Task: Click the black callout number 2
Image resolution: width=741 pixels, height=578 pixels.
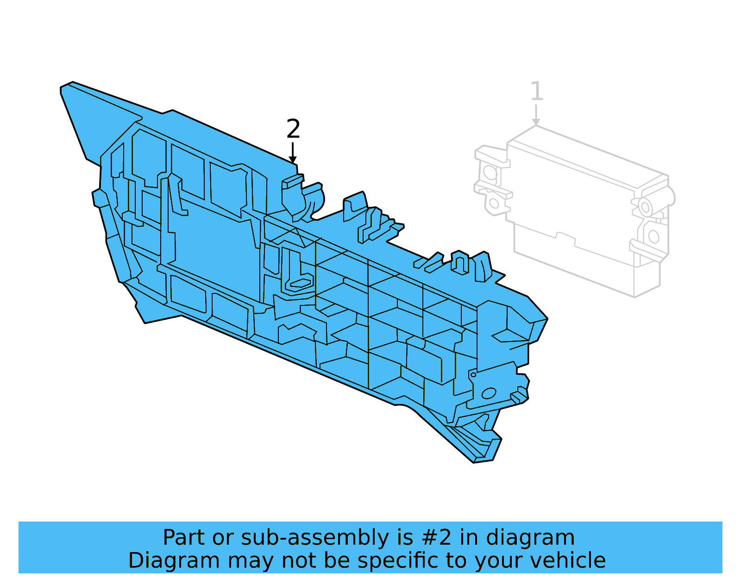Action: [293, 129]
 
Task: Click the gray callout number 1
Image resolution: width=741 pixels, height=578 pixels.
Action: [536, 91]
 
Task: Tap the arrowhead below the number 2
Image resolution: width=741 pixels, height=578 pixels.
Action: [293, 160]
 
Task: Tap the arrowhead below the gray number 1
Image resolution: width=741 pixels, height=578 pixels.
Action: [536, 122]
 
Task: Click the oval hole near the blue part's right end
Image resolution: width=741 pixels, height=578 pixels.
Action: [489, 394]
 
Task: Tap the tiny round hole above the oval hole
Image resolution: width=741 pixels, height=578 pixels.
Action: [473, 374]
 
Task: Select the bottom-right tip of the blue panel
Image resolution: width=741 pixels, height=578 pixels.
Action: [482, 461]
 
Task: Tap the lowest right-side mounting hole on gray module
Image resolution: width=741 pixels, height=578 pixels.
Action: [653, 236]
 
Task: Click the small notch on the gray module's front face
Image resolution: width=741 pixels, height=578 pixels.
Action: [565, 237]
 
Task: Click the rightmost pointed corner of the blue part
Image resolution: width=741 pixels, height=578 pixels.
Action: [547, 319]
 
